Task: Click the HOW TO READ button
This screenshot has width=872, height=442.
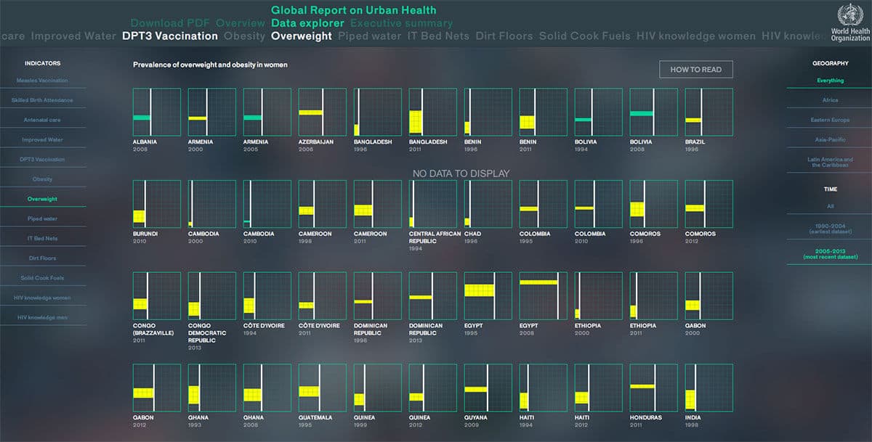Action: [x=695, y=69]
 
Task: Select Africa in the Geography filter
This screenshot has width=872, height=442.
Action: [x=830, y=100]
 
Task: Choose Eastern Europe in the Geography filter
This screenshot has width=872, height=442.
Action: [x=830, y=120]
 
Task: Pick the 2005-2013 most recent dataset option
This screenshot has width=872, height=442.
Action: [x=830, y=254]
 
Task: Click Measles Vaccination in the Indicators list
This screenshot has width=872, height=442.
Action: [x=43, y=81]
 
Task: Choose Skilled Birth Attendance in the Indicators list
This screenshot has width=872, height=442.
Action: [x=43, y=100]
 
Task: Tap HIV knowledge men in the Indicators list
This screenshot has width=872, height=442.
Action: [x=43, y=317]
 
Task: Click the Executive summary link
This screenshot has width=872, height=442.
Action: [x=401, y=23]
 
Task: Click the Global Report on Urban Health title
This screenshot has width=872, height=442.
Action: [x=354, y=10]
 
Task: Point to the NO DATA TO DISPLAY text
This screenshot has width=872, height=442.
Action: [x=461, y=173]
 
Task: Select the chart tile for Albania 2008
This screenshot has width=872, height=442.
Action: [x=157, y=112]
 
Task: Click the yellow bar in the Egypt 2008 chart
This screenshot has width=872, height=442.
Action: [x=538, y=282]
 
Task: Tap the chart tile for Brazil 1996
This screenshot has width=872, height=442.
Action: [x=708, y=112]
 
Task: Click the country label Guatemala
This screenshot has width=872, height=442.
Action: [x=315, y=417]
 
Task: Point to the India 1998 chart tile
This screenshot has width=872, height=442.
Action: [x=708, y=388]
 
